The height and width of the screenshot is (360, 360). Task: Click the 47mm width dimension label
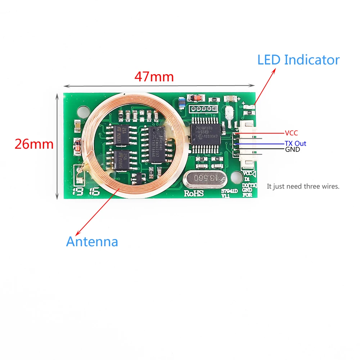(154, 77)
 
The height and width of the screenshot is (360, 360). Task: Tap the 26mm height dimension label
(34, 144)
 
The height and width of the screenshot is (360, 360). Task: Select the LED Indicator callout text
(298, 60)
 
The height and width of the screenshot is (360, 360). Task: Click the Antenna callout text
(92, 242)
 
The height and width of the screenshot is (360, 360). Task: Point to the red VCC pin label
(291, 133)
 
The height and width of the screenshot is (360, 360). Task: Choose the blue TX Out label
(295, 143)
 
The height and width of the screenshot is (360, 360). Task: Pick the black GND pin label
(292, 149)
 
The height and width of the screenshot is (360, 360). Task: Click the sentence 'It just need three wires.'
(303, 186)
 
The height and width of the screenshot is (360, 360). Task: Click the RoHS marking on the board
(194, 193)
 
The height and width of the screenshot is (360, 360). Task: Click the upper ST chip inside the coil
(122, 135)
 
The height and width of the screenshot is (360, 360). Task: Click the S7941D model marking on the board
(229, 192)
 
